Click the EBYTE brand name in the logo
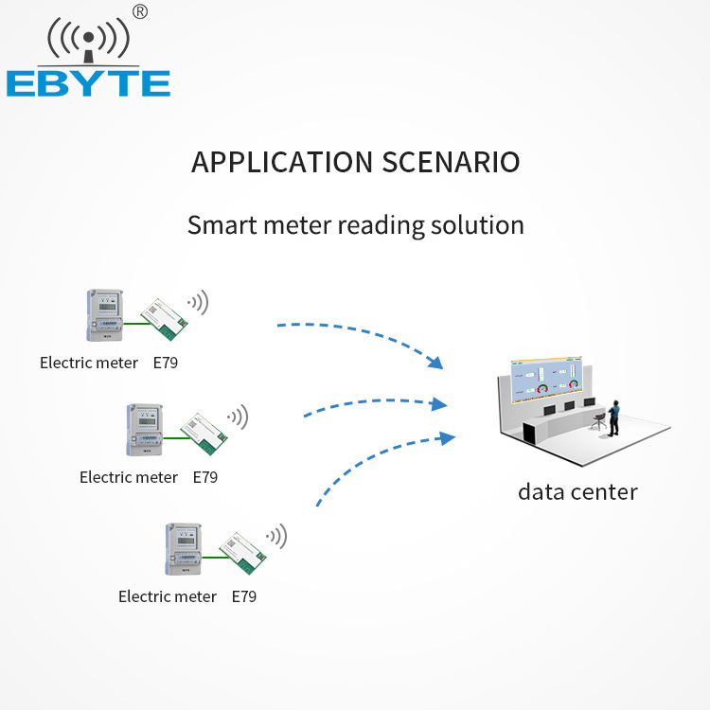(88, 82)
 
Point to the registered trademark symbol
(140, 11)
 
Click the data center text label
(577, 491)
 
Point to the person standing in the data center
(614, 417)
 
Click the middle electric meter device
(143, 431)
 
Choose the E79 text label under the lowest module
(244, 596)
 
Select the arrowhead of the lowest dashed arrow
(448, 437)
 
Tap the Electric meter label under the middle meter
(129, 477)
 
